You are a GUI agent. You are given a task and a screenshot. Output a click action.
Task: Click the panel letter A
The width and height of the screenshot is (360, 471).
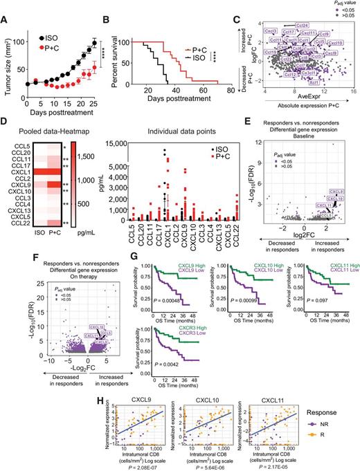(6, 7)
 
